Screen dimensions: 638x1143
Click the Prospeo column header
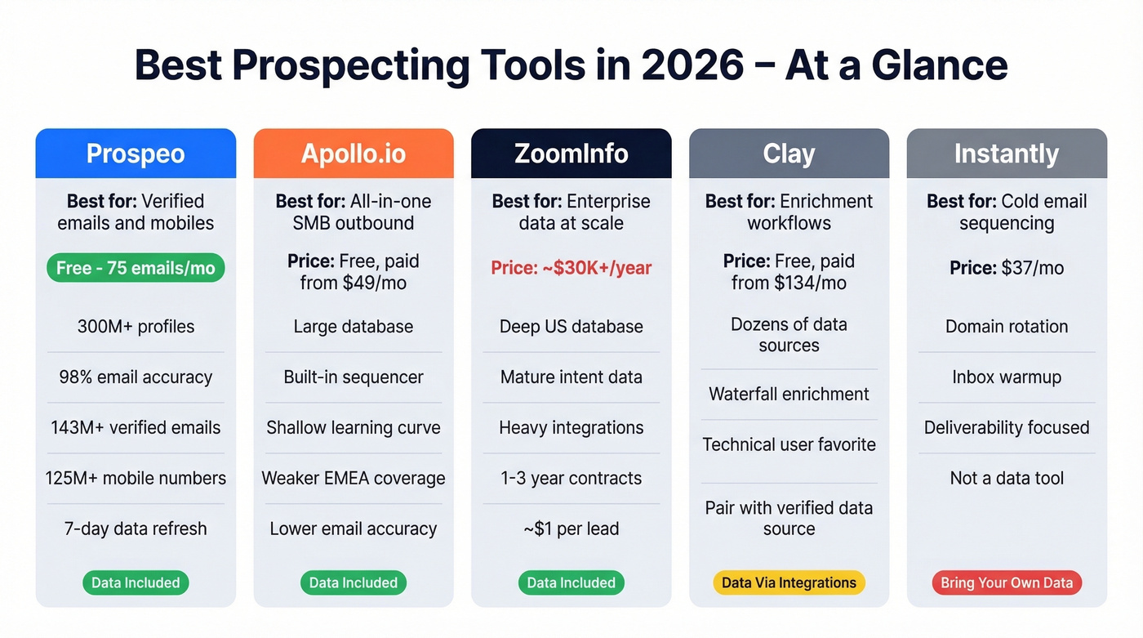click(x=136, y=154)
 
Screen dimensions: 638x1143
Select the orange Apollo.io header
click(x=354, y=154)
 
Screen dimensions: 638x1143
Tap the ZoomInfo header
click(x=571, y=154)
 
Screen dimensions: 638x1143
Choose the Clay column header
click(x=789, y=154)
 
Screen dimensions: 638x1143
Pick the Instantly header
click(x=1007, y=154)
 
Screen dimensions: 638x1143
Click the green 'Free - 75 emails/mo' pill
click(x=136, y=268)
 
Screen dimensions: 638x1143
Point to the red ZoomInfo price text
click(x=571, y=268)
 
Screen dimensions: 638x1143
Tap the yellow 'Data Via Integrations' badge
click(x=789, y=582)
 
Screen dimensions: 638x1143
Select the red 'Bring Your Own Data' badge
click(x=1007, y=582)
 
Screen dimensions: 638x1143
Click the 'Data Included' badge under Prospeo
click(x=136, y=582)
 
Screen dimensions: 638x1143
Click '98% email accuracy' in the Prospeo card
click(x=136, y=377)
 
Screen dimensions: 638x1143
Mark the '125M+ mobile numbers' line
click(x=136, y=478)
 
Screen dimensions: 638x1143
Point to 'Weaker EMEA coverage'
click(x=354, y=478)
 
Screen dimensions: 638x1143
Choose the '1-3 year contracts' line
click(x=571, y=478)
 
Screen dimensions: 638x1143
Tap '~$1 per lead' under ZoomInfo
click(x=571, y=529)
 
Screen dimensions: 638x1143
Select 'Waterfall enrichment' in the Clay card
click(x=789, y=394)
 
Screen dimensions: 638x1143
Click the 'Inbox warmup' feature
click(x=1007, y=377)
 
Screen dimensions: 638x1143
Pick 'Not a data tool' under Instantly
click(x=1007, y=478)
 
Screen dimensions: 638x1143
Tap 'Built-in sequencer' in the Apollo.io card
click(x=354, y=377)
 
